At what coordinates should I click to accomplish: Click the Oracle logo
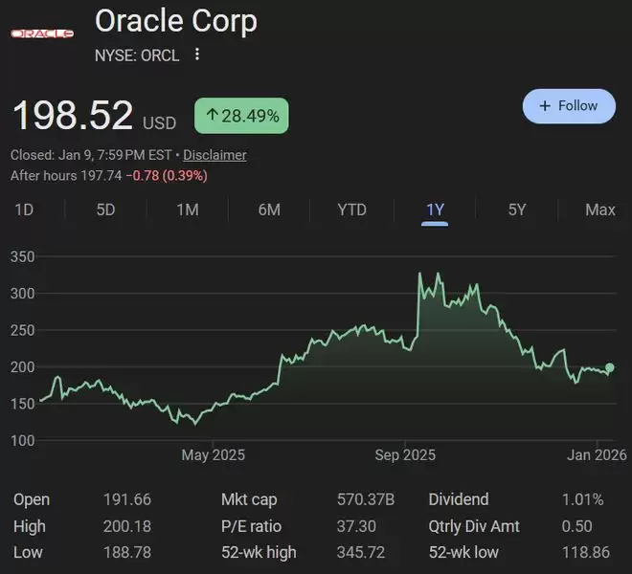(x=42, y=34)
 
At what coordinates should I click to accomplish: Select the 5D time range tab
(x=105, y=210)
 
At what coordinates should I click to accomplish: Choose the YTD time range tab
(x=351, y=210)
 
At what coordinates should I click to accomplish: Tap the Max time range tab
(x=600, y=210)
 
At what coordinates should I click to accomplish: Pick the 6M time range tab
(x=269, y=210)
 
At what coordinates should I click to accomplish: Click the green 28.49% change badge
(x=241, y=117)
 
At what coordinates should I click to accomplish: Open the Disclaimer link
(x=214, y=155)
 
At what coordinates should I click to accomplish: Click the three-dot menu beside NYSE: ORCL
(x=197, y=55)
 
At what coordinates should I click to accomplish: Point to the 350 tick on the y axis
(x=23, y=257)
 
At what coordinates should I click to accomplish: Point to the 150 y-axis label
(x=23, y=404)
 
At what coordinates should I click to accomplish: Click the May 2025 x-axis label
(x=213, y=454)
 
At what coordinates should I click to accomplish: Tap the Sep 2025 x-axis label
(x=405, y=454)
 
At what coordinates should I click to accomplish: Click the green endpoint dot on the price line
(x=610, y=367)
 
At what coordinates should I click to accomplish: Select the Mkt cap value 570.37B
(x=366, y=499)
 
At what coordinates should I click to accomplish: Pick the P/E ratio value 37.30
(x=356, y=526)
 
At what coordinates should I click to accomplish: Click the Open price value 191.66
(x=126, y=499)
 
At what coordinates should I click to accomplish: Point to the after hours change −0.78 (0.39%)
(x=169, y=176)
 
